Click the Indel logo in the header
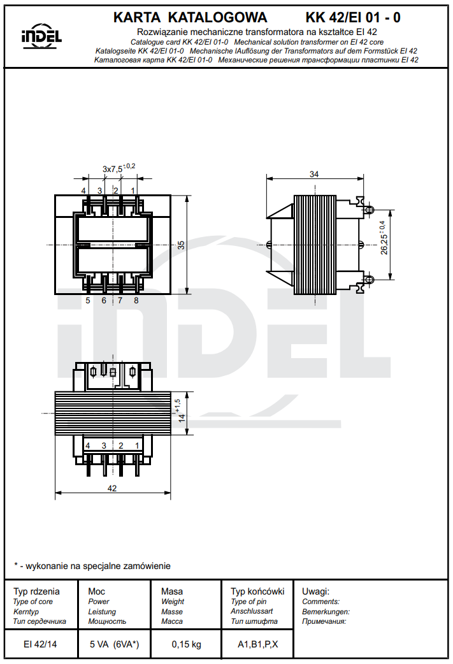41,37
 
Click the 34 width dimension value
314,174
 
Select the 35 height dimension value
181,245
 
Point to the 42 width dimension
112,489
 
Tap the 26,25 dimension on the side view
384,244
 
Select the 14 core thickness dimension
182,418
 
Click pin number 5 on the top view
88,300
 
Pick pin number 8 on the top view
136,300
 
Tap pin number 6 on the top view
104,300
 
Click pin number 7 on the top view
120,300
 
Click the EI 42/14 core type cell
40,644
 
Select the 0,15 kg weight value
186,644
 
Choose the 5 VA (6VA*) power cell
114,644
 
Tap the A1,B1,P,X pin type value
258,644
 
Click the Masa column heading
172,591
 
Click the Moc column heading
97,591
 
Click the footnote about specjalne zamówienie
92,565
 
